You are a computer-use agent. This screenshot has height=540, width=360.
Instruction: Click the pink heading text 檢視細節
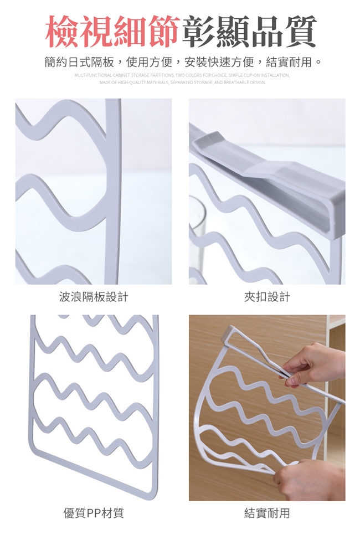112,32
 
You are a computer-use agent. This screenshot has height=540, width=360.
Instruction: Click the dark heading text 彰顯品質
248,32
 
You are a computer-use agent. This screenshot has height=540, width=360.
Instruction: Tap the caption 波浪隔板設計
94,296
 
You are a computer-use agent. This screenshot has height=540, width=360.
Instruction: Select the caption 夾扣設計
267,296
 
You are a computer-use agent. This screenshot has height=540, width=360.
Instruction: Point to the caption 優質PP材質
94,513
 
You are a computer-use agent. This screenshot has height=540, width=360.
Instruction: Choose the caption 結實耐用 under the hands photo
267,513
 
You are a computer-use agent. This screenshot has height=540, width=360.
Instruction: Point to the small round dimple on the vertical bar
111,246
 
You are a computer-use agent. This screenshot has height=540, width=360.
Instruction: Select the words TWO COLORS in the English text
187,75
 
